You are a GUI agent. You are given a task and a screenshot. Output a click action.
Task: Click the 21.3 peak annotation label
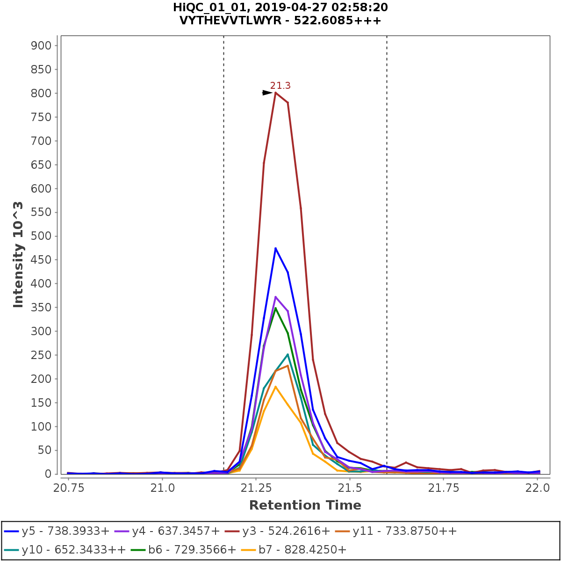click(280, 86)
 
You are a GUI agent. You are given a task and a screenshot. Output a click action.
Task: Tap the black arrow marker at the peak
click(267, 93)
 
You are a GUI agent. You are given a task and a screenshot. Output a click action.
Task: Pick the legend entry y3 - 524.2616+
click(286, 531)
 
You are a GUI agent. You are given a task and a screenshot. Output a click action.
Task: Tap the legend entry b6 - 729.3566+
click(192, 550)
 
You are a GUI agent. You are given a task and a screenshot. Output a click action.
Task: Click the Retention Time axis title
click(305, 505)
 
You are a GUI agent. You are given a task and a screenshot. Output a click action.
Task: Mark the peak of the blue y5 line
click(276, 248)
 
